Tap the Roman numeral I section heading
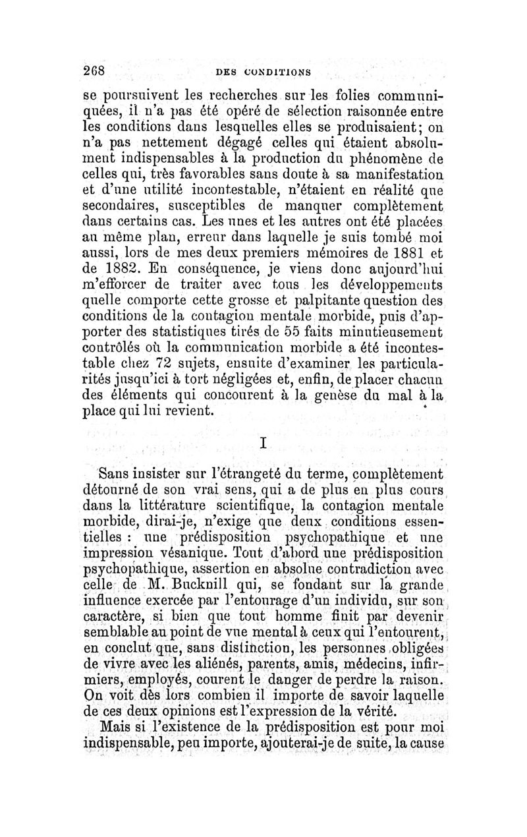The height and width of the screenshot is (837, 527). click(x=263, y=444)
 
